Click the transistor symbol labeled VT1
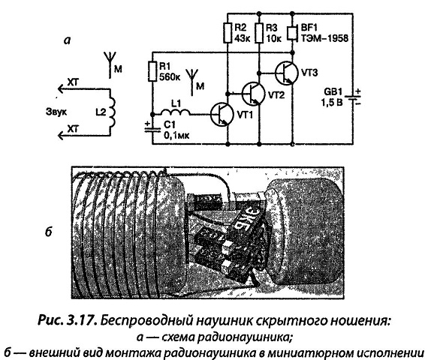coord(222,114)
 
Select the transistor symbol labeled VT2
coord(254,94)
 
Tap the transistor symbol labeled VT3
coord(286,73)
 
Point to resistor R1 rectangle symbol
coord(152,72)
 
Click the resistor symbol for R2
coord(228,33)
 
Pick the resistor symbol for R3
coord(259,33)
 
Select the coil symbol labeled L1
coord(175,112)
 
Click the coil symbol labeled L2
coord(112,112)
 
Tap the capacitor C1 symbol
coord(152,129)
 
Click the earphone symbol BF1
coord(293,33)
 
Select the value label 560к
coord(170,77)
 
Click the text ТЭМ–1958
coord(324,38)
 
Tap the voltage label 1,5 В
coord(331,103)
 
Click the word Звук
coord(56,112)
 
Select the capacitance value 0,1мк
coord(176,135)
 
